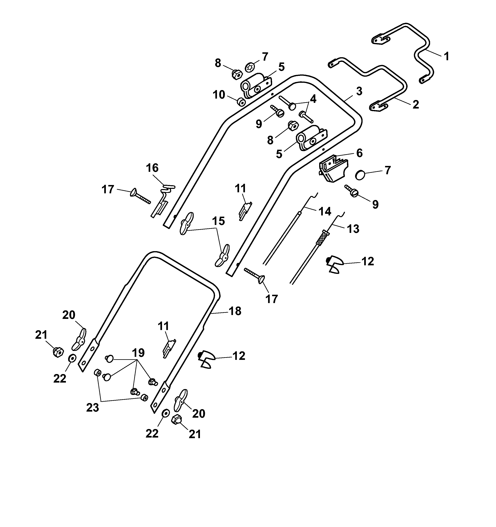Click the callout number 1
(x=447, y=56)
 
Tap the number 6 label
(x=359, y=153)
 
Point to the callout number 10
(x=219, y=95)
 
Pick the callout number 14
(x=325, y=211)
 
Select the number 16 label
(x=152, y=168)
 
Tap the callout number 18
(x=235, y=311)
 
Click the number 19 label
(x=138, y=353)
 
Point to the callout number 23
(x=92, y=408)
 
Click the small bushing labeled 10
(x=241, y=102)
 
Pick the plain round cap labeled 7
(x=360, y=175)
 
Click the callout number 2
(x=416, y=104)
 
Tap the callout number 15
(x=218, y=221)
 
